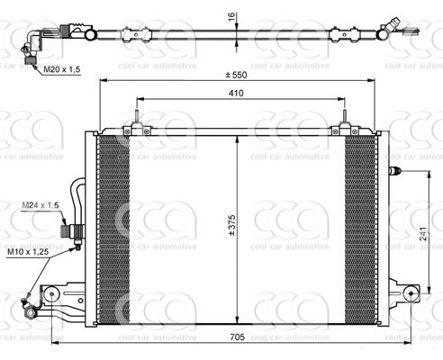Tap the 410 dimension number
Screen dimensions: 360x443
click(x=236, y=93)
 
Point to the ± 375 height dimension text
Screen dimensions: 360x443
click(x=231, y=227)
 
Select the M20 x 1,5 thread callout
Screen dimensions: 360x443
click(x=61, y=67)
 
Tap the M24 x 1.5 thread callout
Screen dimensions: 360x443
click(x=40, y=206)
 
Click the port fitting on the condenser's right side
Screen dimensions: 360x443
click(x=393, y=170)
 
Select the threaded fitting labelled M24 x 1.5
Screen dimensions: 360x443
click(x=69, y=231)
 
